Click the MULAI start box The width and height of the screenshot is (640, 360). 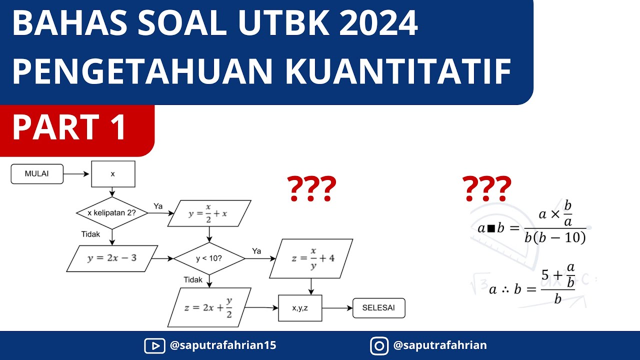coord(37,174)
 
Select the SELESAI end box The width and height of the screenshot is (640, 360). coord(378,308)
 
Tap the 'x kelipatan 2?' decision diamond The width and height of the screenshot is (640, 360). coord(112,213)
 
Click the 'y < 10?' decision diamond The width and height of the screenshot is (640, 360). coord(209,259)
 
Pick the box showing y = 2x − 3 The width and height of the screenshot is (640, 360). coord(112,258)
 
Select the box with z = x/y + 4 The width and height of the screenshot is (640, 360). coord(310,258)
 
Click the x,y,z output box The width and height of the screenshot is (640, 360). coord(300,308)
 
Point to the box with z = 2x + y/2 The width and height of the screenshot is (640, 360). coord(209,307)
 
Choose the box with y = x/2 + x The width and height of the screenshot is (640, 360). coord(209,213)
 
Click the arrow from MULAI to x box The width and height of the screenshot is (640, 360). coord(77,174)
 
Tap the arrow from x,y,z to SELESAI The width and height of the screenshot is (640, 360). coord(337,308)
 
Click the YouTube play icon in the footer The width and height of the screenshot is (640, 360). coord(153,345)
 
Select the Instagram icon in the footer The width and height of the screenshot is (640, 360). coord(379,345)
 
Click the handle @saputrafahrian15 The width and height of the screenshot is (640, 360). coord(223,345)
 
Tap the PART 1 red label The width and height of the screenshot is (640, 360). coord(70,127)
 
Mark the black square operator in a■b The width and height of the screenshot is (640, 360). coord(491,228)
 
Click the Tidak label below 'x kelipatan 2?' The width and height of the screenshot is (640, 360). coord(90,234)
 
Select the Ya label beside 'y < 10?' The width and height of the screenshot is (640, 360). coord(256,251)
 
